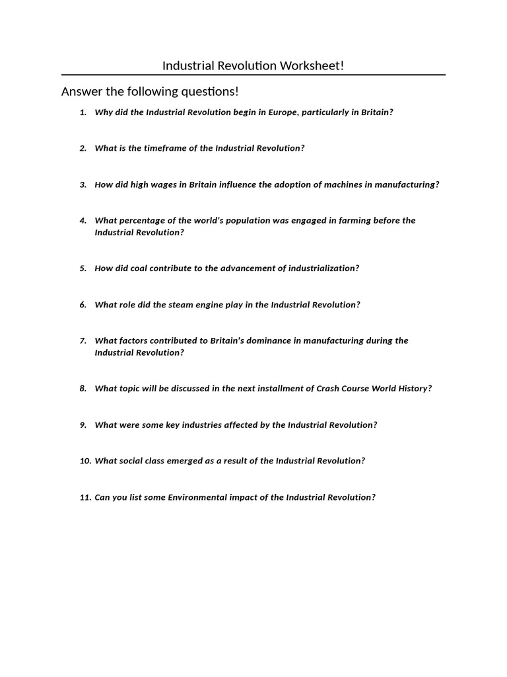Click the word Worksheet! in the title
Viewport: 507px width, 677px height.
pyautogui.click(x=312, y=65)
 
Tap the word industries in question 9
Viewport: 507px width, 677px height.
pyautogui.click(x=196, y=425)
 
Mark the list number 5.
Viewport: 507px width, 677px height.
pyautogui.click(x=83, y=268)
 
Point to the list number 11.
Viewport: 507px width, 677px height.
pyautogui.click(x=84, y=497)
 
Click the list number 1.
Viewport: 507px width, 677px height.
pyautogui.click(x=83, y=112)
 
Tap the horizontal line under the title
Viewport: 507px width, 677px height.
pyautogui.click(x=253, y=75)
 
